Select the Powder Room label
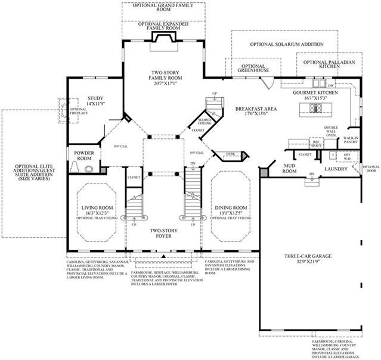click(84, 156)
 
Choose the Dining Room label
click(228, 208)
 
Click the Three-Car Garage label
click(308, 256)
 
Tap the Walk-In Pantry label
click(350, 141)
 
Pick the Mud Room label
click(290, 168)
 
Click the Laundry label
click(332, 169)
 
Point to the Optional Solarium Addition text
click(287, 44)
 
